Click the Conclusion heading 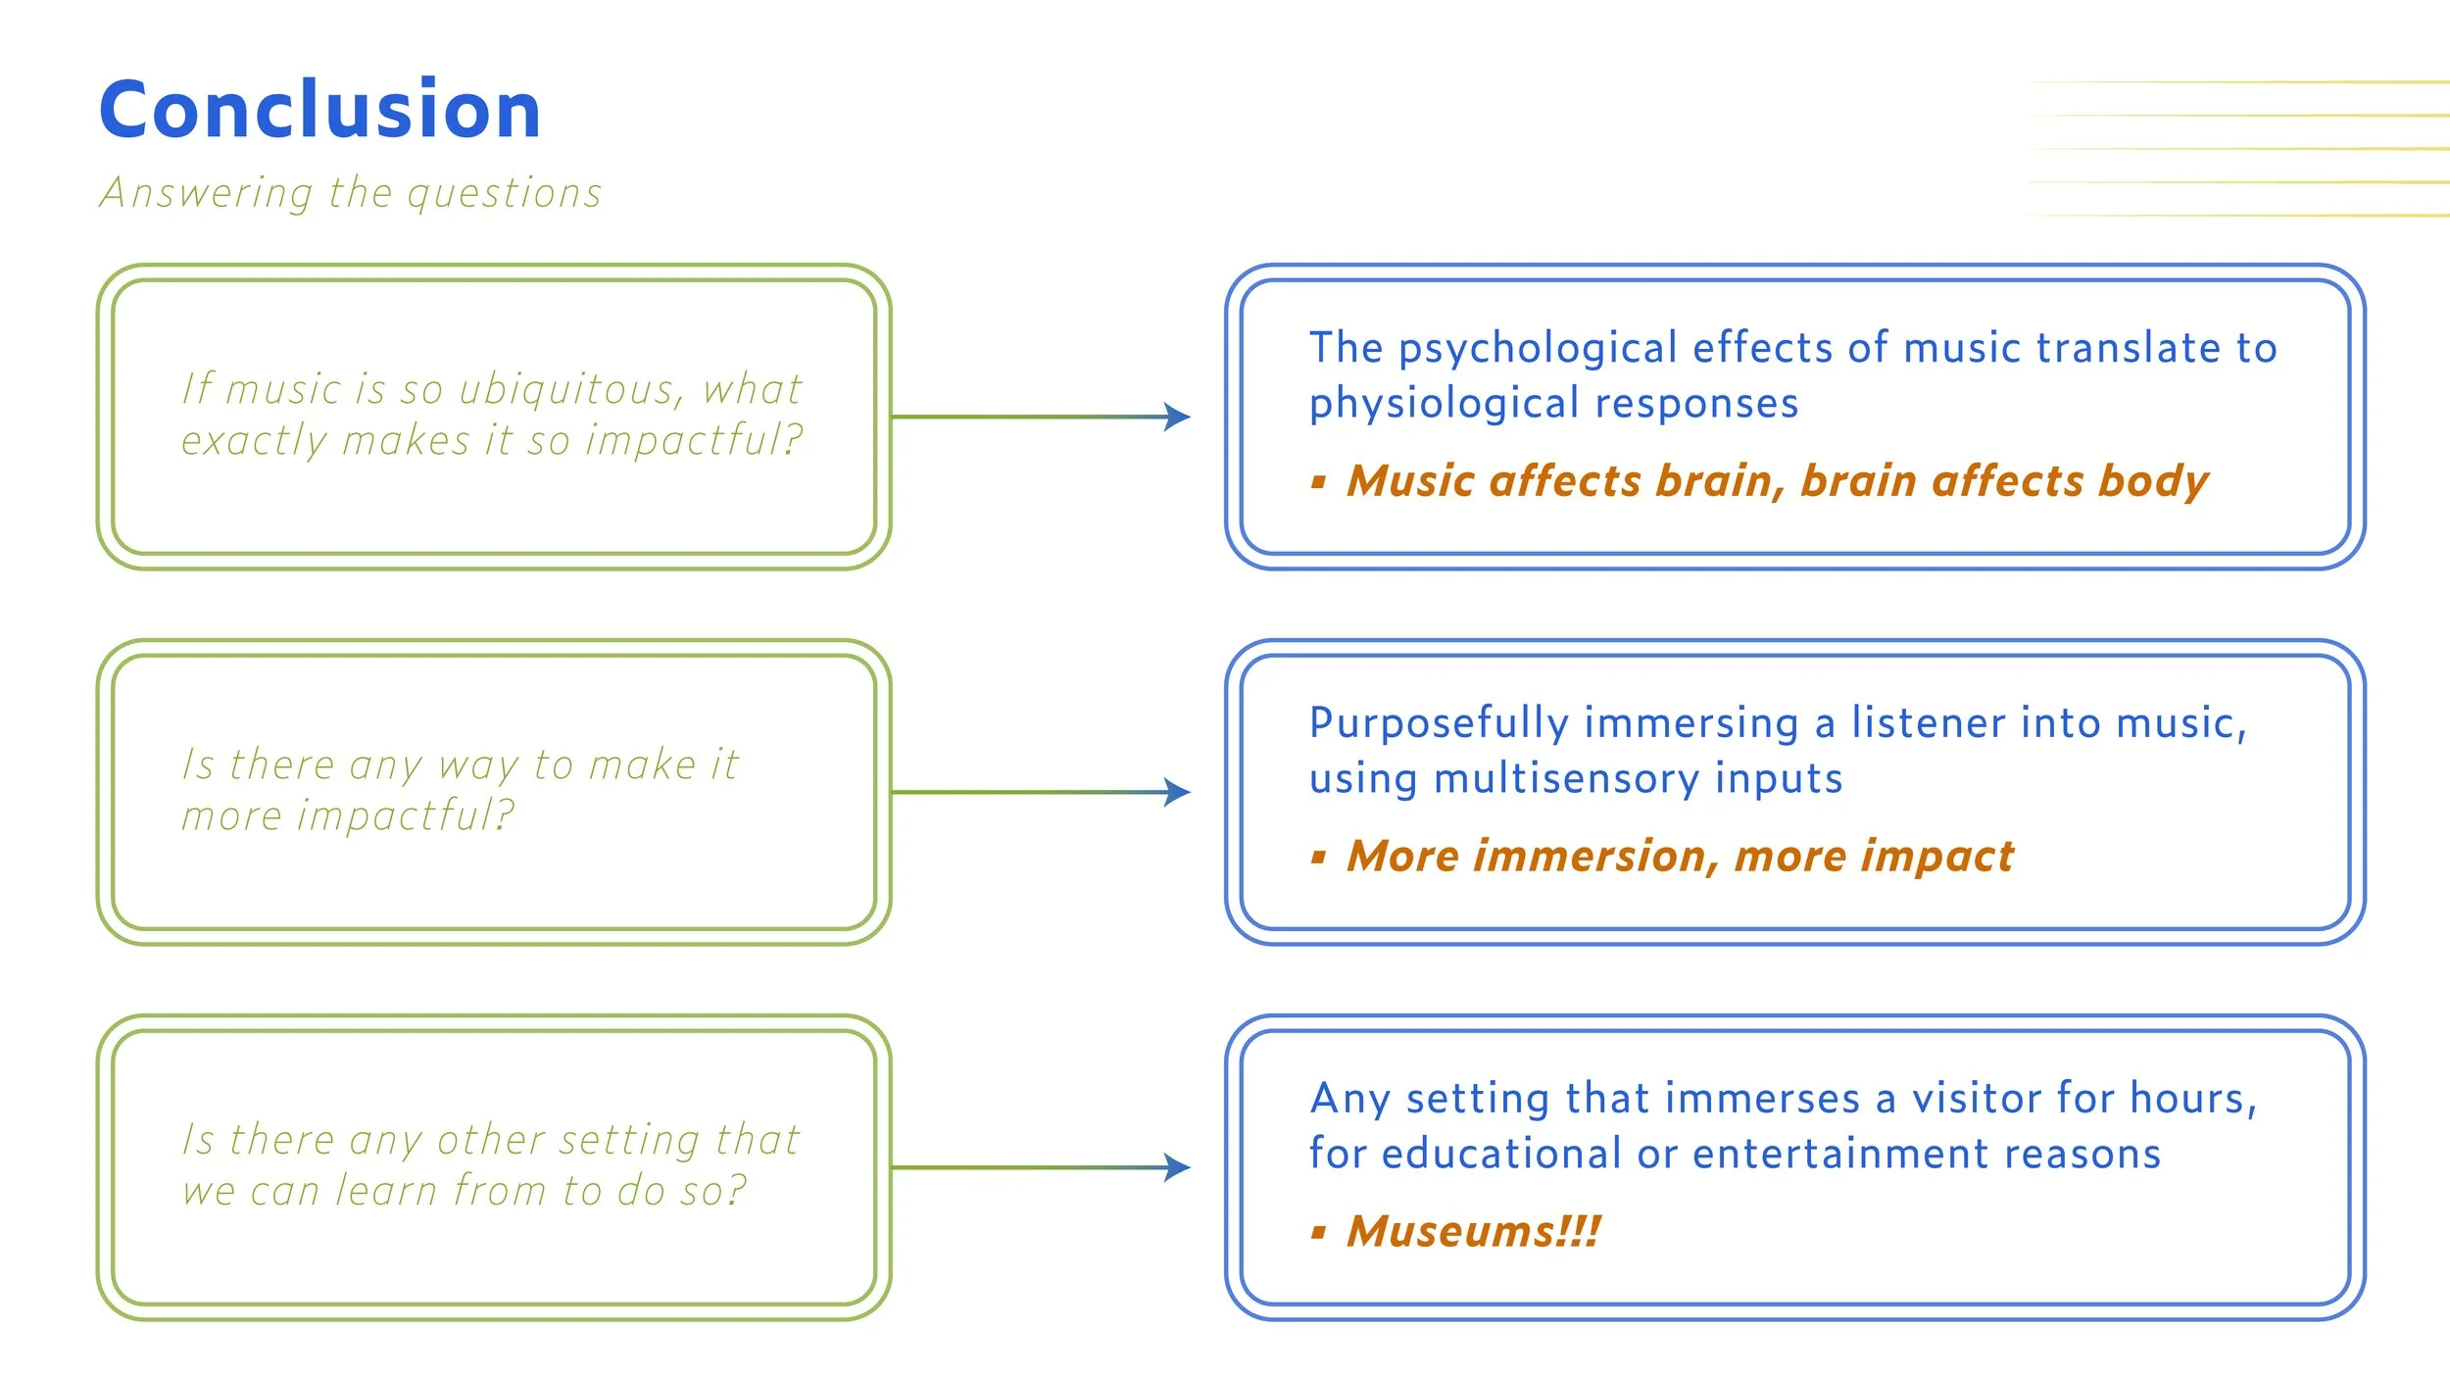pos(319,110)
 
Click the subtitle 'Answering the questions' pos(351,193)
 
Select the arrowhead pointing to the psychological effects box pos(1177,417)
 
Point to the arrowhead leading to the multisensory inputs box pos(1177,792)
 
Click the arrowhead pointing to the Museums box pos(1177,1167)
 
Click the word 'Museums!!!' pos(1473,1231)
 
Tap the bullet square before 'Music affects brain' pos(1319,482)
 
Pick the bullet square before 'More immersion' pos(1319,858)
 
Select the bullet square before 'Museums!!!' pos(1319,1233)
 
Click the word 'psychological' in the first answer pos(1539,349)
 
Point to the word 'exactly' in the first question pos(254,441)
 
